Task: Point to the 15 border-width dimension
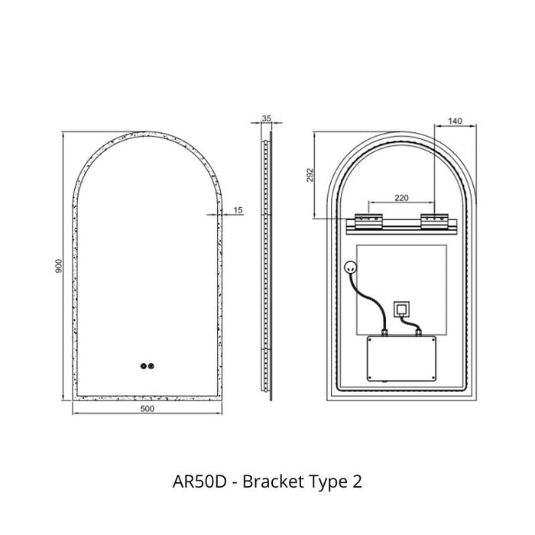(238, 209)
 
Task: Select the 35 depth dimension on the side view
(266, 118)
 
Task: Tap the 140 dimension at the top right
(455, 120)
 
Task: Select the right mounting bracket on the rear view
(434, 221)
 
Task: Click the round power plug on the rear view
(352, 267)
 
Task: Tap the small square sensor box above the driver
(400, 309)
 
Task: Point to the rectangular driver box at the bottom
(400, 358)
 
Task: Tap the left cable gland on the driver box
(384, 332)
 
